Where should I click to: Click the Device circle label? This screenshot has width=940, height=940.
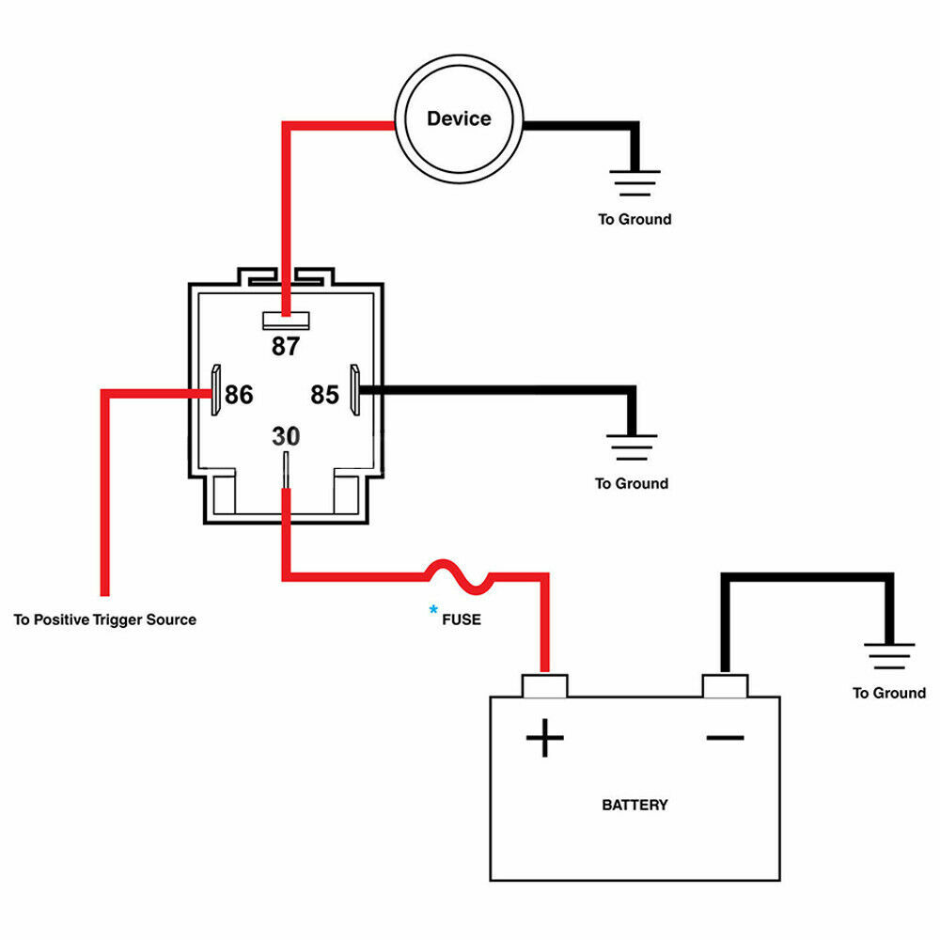(x=459, y=118)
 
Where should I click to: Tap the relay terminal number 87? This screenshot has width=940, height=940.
(x=286, y=347)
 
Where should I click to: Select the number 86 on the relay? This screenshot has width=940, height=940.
(x=239, y=395)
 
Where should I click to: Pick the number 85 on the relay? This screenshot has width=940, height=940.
(x=325, y=395)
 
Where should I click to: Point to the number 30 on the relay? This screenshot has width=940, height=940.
(x=286, y=436)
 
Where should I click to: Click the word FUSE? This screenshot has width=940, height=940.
(x=462, y=619)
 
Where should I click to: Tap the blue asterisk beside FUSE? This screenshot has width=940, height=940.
(x=433, y=610)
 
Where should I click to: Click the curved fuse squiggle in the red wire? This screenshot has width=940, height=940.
(x=460, y=577)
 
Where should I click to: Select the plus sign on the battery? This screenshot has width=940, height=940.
(x=545, y=738)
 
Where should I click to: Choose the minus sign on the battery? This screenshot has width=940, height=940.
(x=726, y=738)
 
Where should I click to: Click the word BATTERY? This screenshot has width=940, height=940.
(x=634, y=806)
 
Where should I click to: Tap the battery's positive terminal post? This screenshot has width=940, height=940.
(x=545, y=686)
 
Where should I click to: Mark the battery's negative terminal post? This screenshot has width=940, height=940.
(x=725, y=686)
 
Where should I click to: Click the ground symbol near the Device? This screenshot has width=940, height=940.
(x=634, y=183)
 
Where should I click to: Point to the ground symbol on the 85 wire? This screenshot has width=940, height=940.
(x=632, y=447)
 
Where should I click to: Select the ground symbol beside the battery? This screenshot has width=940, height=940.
(x=889, y=656)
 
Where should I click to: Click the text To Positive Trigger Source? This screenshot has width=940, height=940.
(x=105, y=619)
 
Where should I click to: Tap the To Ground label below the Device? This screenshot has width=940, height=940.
(x=634, y=219)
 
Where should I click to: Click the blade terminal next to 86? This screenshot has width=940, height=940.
(x=216, y=390)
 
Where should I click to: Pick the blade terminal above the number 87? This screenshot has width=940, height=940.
(x=286, y=321)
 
